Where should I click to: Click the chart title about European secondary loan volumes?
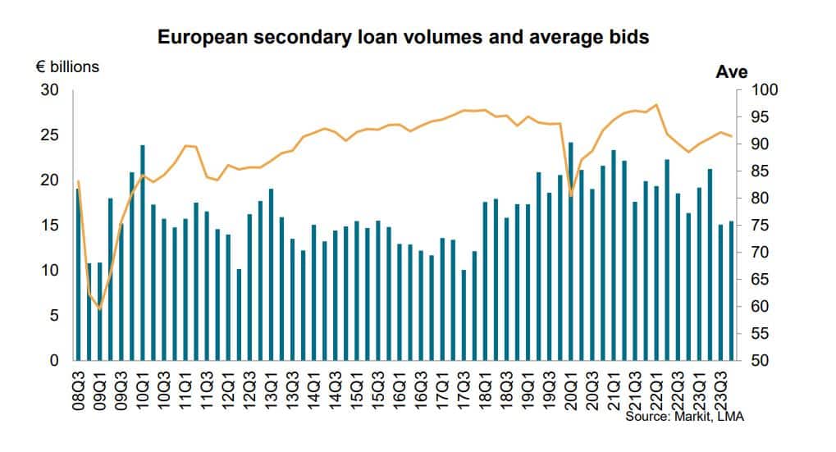pos(403,38)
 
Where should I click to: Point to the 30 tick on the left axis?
pos(51,89)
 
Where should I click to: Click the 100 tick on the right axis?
pos(762,90)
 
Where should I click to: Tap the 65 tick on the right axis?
pos(759,280)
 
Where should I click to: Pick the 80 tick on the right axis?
pos(759,199)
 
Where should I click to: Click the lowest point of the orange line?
pos(99,309)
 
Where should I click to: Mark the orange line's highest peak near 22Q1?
pos(656,105)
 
